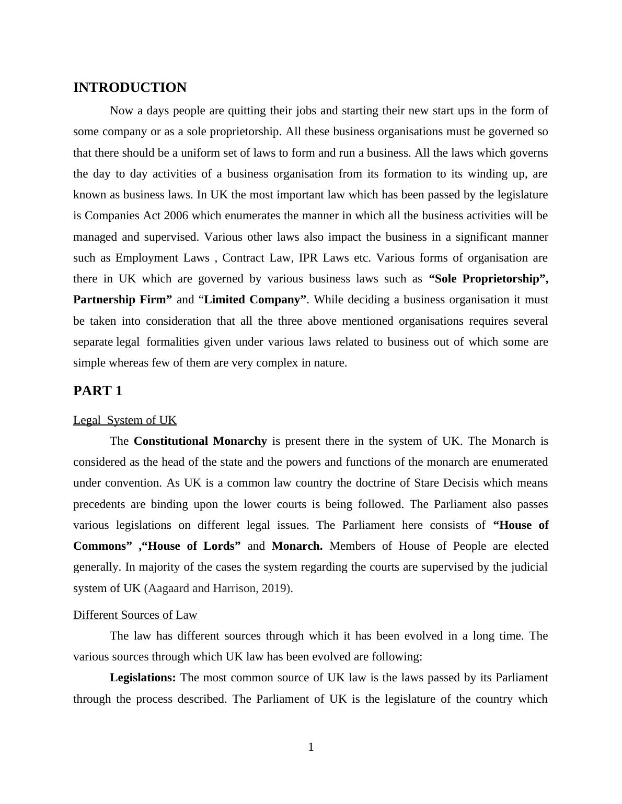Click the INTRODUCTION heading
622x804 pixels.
[x=130, y=88]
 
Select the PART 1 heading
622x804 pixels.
[x=98, y=391]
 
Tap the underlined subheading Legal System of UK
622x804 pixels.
[x=125, y=420]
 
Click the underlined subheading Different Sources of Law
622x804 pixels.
[x=135, y=615]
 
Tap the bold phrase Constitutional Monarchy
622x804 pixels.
[x=200, y=441]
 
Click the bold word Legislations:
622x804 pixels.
[x=143, y=678]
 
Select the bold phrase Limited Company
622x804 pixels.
[x=255, y=300]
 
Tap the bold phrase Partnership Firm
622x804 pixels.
[x=122, y=300]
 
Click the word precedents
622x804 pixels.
[x=99, y=504]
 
